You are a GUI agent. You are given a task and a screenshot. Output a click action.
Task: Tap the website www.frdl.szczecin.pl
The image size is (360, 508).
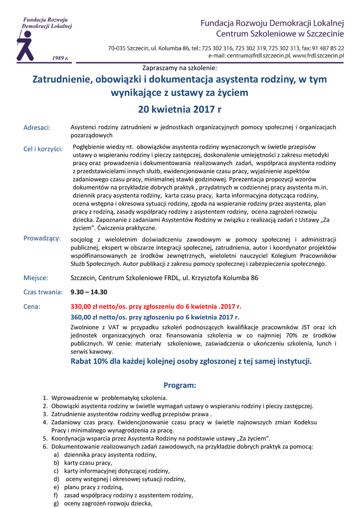318,56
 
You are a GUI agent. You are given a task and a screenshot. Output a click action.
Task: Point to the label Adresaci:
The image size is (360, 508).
37,128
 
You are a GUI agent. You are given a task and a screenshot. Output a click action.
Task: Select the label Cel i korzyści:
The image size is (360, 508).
43,149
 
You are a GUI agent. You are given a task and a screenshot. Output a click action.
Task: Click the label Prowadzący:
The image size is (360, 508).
42,239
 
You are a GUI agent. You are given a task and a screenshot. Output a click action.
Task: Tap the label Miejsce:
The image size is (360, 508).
36,278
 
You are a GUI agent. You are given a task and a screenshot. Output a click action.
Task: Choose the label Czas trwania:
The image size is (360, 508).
43,292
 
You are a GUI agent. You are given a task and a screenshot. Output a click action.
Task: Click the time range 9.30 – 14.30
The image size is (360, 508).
89,292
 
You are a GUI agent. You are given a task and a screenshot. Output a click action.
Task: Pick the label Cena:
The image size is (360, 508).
32,307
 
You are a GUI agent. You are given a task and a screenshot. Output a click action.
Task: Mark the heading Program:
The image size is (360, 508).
180,385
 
